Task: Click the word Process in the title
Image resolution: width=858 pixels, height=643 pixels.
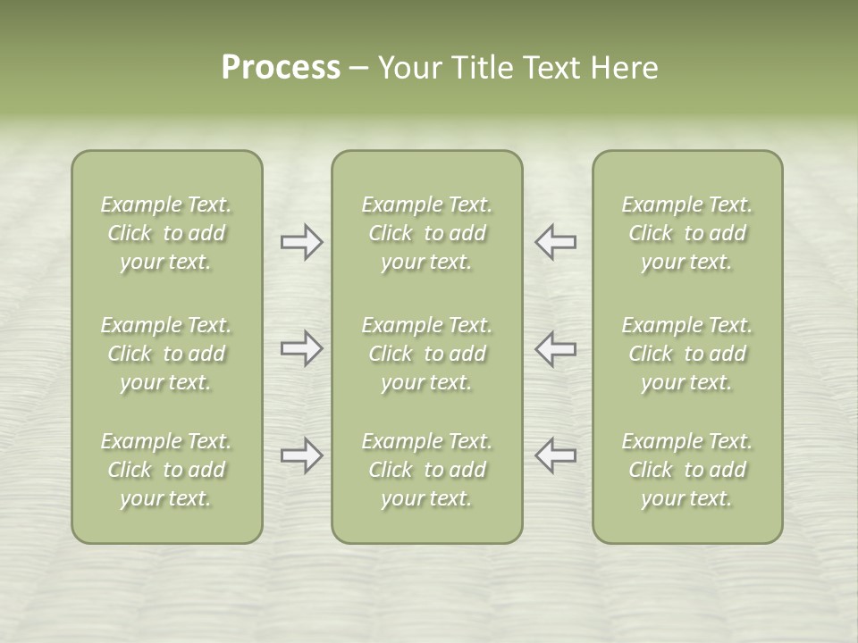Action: click(281, 68)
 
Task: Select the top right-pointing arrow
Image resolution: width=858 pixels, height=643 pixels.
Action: click(301, 241)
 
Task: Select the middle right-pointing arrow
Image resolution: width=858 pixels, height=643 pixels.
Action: click(301, 348)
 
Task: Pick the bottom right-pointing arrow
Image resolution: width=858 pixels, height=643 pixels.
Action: click(301, 455)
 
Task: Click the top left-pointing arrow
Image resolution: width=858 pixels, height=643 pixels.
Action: click(556, 241)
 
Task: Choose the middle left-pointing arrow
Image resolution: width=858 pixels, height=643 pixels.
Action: click(556, 348)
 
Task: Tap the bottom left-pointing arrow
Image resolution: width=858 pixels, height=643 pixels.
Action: click(556, 455)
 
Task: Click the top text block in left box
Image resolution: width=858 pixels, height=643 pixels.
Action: click(166, 233)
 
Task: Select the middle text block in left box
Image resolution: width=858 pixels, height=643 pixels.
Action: click(166, 354)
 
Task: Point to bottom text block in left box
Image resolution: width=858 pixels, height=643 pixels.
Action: click(166, 470)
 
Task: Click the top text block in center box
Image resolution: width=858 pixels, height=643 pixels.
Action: click(427, 233)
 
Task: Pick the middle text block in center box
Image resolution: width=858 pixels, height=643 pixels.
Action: click(427, 354)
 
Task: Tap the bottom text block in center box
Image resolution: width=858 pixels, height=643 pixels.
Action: click(427, 470)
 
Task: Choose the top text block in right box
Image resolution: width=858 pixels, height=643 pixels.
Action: click(687, 233)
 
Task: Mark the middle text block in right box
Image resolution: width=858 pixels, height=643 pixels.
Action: click(687, 354)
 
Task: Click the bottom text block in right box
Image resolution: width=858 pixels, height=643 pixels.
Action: click(687, 470)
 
